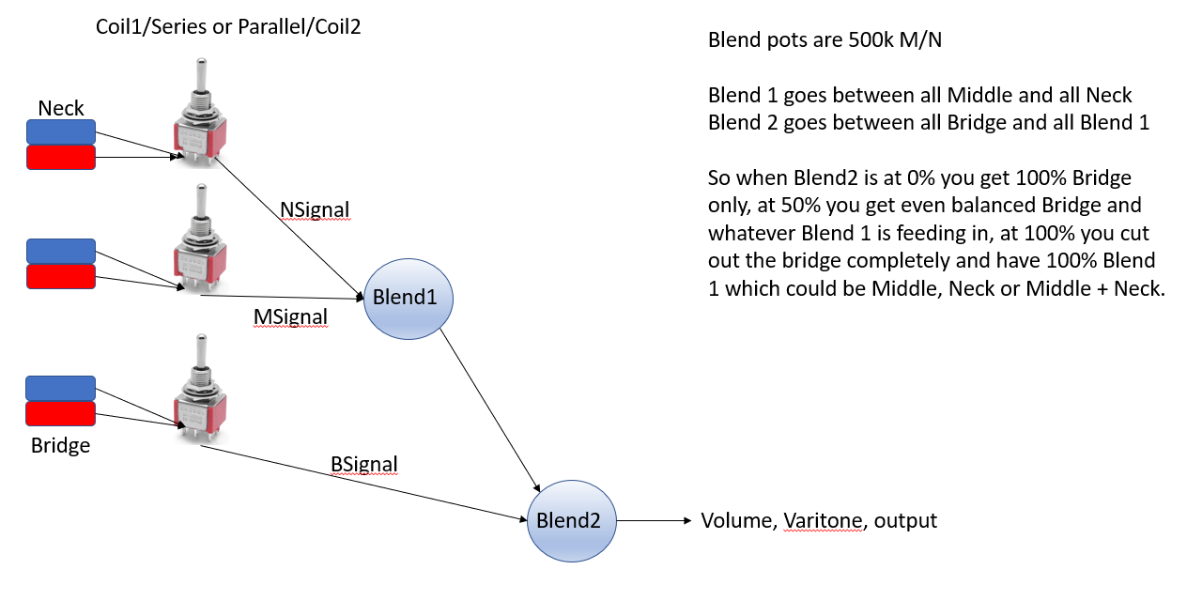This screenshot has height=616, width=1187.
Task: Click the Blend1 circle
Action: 408,299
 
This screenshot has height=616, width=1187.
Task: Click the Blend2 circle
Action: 572,520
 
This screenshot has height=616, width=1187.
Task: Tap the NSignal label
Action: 315,209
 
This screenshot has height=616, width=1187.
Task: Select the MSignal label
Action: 290,316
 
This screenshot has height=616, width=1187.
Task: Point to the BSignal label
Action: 364,464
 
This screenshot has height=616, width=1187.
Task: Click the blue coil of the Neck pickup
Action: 61,131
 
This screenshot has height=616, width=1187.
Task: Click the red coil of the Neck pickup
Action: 61,158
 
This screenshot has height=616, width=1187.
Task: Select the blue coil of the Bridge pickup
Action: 60,388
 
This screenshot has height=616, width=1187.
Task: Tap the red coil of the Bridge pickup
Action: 60,414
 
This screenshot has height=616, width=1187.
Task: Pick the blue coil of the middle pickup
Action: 61,251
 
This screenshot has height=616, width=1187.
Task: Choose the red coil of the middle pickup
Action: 61,276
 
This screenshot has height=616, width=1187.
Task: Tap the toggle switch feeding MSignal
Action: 200,239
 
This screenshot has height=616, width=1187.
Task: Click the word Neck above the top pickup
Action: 61,108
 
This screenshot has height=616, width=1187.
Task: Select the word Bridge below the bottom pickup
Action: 60,445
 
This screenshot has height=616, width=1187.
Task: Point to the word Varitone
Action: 823,520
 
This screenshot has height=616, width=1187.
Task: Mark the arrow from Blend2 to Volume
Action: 655,520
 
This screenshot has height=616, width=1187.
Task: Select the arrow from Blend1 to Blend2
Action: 490,410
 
